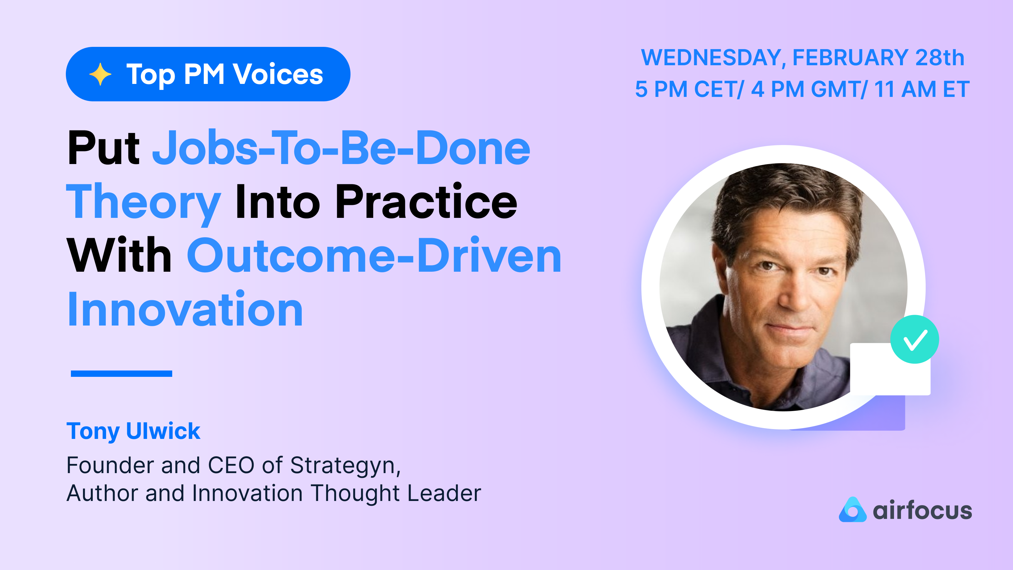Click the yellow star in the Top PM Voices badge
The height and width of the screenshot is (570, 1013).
point(100,74)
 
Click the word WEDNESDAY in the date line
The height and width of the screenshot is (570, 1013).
point(711,58)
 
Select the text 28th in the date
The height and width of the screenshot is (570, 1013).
point(940,58)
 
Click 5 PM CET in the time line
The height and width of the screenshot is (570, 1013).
point(688,89)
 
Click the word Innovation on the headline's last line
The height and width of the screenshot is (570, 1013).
point(185,310)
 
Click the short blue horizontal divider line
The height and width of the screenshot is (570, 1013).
point(121,374)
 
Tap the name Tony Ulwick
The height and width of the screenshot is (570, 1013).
point(133,431)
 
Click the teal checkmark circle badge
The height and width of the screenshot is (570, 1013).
point(914,339)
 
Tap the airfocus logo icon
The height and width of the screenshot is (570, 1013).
point(852,510)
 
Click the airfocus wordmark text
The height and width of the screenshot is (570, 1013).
point(922,510)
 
